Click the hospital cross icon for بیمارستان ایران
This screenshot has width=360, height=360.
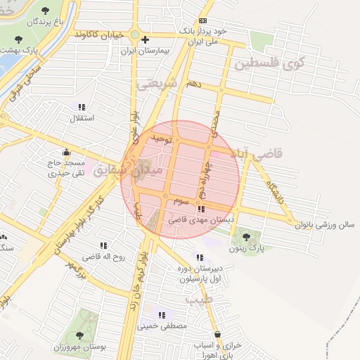(x=144, y=39)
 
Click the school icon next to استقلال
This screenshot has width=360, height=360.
(x=82, y=107)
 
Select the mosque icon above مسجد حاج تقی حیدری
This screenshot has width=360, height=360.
(x=66, y=152)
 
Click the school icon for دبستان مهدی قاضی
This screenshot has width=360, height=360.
(x=202, y=209)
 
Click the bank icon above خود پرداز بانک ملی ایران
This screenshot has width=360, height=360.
(x=202, y=20)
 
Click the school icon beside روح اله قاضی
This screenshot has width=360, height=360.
(x=104, y=245)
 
